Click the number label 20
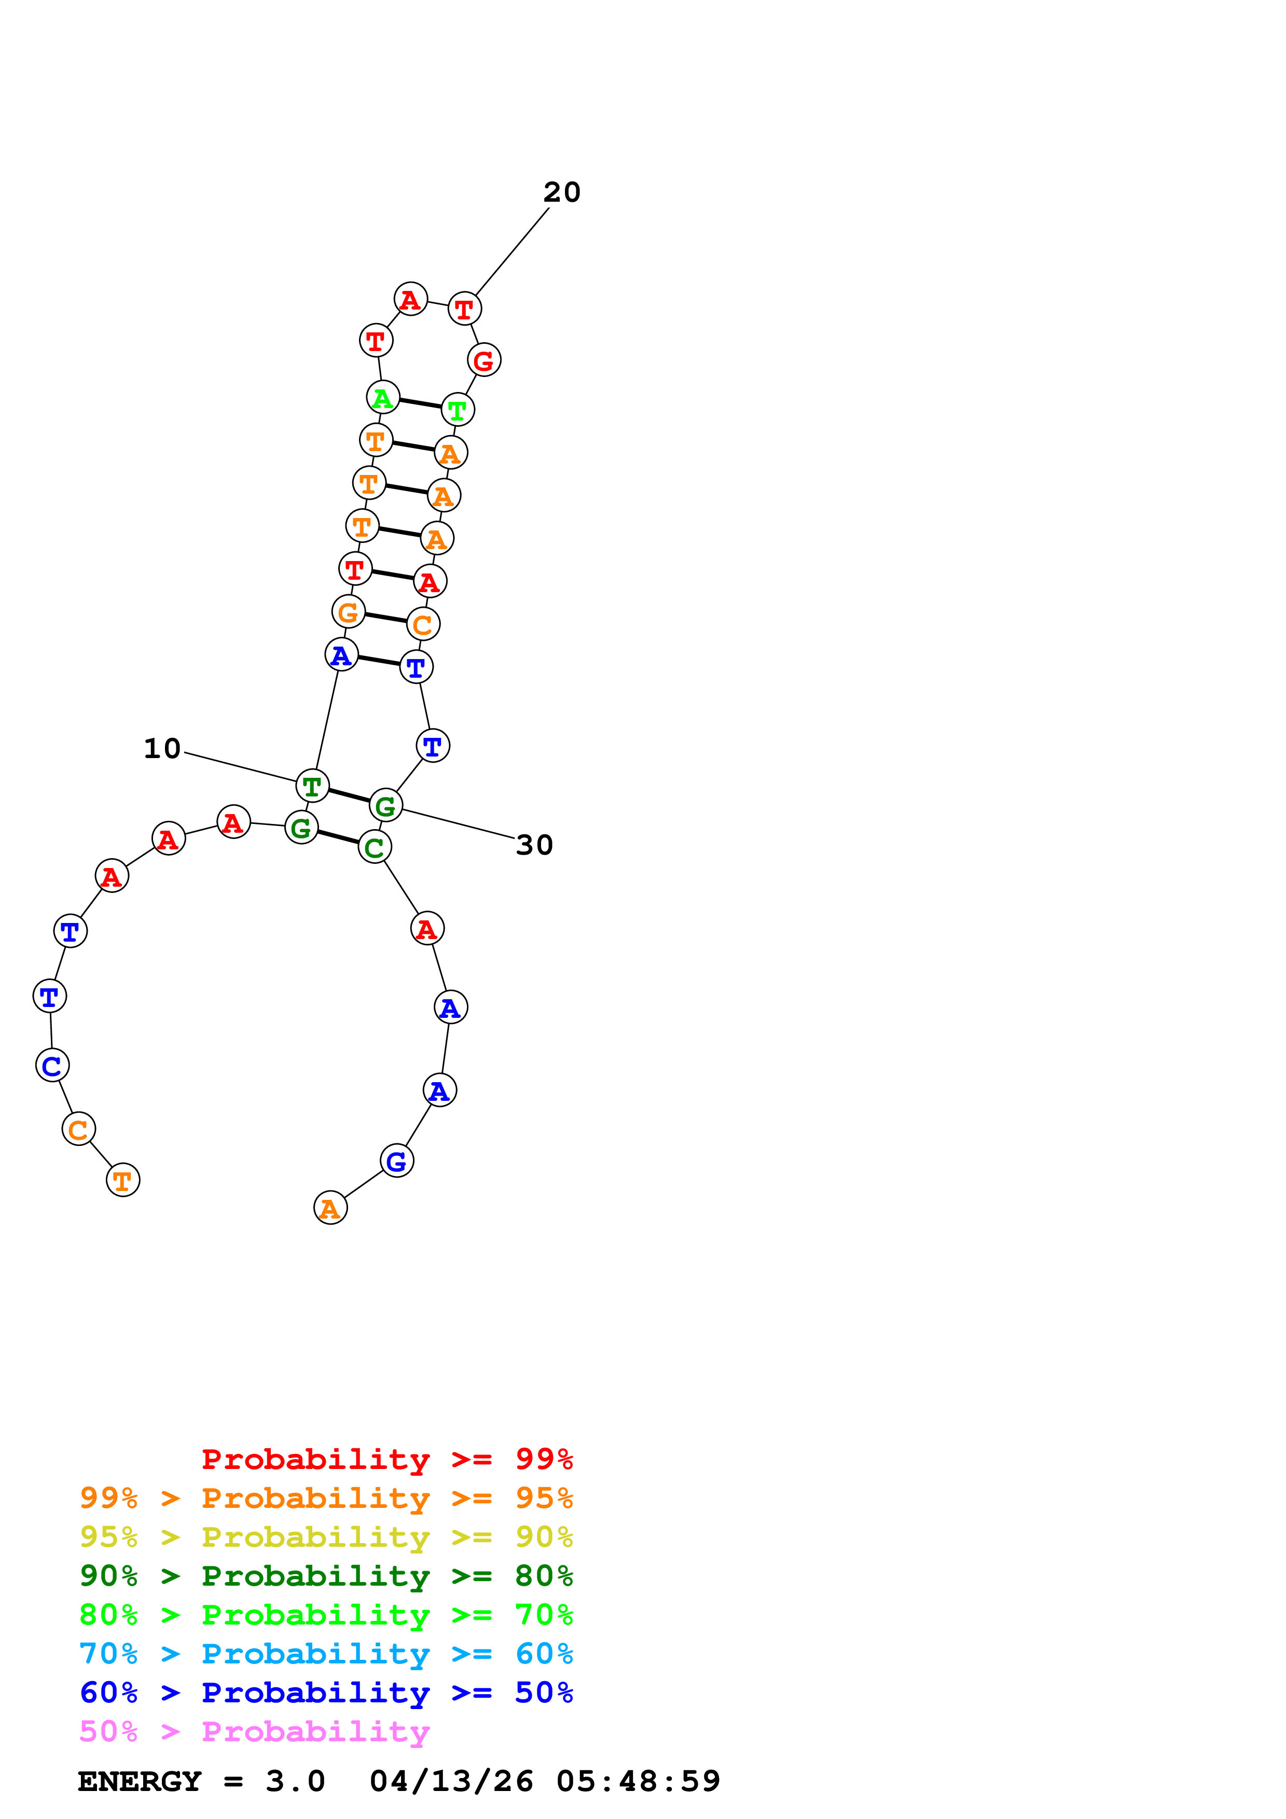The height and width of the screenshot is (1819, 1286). [562, 192]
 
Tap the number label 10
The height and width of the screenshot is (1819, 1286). [162, 749]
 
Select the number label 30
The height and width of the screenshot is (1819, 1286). [534, 845]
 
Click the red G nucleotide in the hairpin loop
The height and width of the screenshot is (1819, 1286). [483, 360]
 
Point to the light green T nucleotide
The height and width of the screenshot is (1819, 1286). [457, 410]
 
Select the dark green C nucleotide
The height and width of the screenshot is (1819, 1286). [375, 847]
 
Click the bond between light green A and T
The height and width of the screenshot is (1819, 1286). [420, 403]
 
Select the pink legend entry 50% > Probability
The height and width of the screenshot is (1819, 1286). [254, 1732]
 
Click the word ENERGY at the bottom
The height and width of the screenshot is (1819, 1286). [140, 1782]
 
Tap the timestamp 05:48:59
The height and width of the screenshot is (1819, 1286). [638, 1782]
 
